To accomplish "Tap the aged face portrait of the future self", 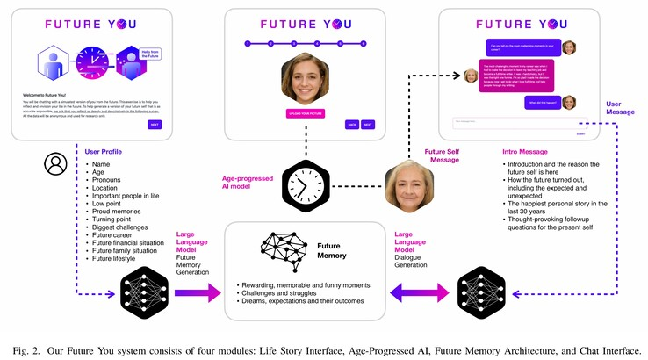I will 410,187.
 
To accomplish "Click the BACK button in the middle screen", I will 351,124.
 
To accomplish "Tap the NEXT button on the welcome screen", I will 155,124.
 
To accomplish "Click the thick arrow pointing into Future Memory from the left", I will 197,291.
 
